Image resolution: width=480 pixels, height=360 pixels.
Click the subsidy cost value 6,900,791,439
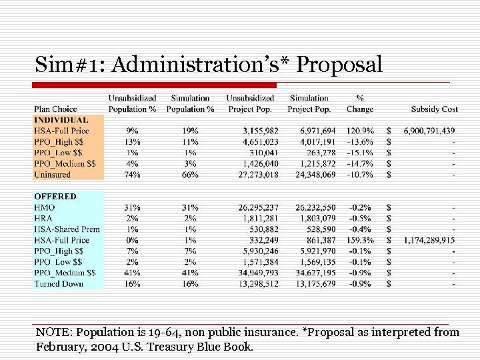click(429, 131)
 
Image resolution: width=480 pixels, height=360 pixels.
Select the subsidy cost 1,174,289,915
click(429, 240)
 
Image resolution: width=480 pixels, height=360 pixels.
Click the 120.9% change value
click(360, 131)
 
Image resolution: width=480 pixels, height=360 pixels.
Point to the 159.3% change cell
click(360, 240)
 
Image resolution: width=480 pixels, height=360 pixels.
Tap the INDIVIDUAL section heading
click(60, 120)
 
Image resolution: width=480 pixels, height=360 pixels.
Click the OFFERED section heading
click(55, 197)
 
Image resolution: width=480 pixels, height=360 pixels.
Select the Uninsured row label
click(53, 175)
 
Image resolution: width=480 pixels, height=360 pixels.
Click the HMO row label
click(45, 207)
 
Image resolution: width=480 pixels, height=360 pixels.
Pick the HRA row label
click(44, 218)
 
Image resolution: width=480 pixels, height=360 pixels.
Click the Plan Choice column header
click(55, 109)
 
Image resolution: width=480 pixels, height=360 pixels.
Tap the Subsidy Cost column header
click(434, 109)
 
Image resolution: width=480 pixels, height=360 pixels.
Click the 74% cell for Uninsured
click(132, 175)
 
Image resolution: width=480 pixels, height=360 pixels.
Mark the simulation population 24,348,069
click(311, 175)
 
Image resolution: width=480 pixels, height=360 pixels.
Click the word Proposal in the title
click(339, 65)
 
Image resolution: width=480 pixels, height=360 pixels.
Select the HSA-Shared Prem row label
click(67, 229)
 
